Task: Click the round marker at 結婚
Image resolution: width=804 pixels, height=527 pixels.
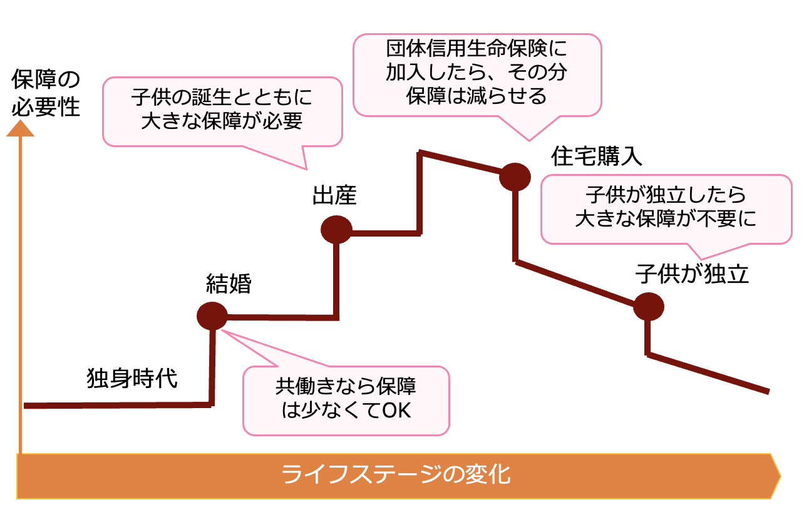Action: coord(212,316)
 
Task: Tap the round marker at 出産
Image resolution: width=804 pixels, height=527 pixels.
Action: coord(336,230)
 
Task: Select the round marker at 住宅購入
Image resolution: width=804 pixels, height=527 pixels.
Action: coord(515,177)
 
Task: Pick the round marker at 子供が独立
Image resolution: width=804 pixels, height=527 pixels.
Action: coord(648,307)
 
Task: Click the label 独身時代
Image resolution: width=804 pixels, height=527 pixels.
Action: coord(132,379)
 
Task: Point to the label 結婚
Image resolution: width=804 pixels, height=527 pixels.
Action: coord(229,284)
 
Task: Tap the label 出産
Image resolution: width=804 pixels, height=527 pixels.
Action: coord(334,196)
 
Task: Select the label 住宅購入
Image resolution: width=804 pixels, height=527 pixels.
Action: coord(597,156)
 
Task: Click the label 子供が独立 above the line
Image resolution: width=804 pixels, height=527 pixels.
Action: coord(692,274)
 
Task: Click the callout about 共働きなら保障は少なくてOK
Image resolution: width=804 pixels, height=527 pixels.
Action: coord(346,399)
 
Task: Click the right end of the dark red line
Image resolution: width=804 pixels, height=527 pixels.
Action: coord(768,392)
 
